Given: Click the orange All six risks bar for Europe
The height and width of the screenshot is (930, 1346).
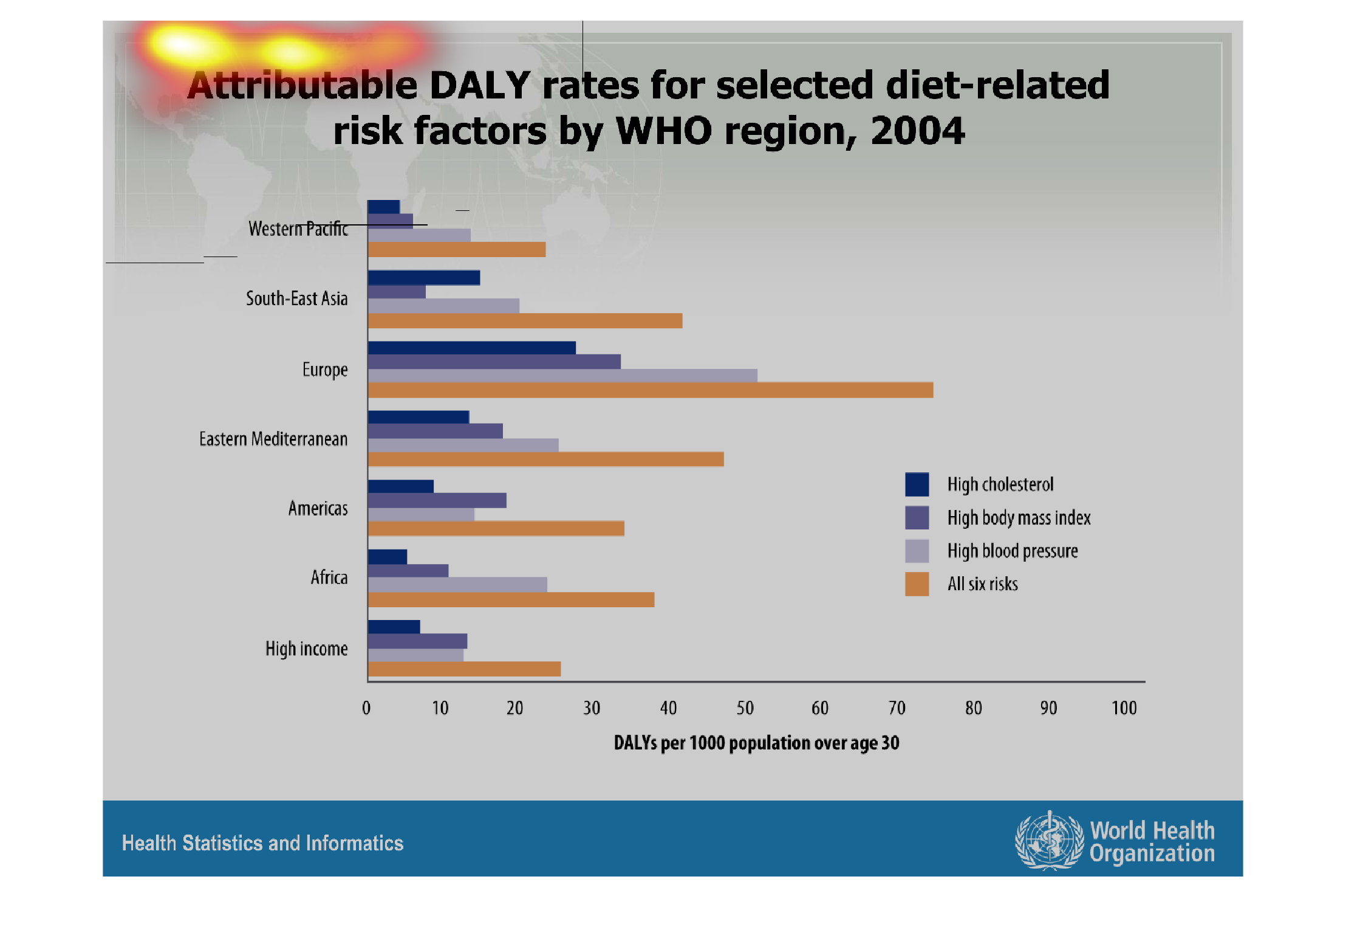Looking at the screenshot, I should [x=650, y=390].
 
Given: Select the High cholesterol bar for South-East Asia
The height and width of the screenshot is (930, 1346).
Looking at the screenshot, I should [x=424, y=278].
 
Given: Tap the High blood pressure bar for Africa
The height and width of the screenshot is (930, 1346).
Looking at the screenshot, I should [x=457, y=585].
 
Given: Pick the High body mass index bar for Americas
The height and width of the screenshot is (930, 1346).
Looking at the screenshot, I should [x=437, y=500].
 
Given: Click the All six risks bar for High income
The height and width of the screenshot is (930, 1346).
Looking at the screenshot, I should [x=464, y=669].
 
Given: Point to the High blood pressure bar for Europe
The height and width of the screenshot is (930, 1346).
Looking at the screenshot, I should [x=562, y=376].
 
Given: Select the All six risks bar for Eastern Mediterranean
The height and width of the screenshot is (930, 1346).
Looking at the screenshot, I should [x=545, y=459].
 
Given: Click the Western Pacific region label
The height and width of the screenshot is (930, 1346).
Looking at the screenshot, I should [x=298, y=229].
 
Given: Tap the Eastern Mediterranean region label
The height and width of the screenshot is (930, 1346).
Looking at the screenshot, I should [x=273, y=439].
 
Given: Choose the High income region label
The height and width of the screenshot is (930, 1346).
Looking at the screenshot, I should [x=306, y=649].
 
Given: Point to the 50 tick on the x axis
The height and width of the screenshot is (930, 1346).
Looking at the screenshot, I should [x=745, y=708].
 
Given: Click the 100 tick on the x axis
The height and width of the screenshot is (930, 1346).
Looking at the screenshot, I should [x=1124, y=708].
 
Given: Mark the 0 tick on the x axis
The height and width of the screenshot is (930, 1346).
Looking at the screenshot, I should [x=366, y=708].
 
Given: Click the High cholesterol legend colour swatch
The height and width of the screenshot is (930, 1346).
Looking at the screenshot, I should [x=917, y=484].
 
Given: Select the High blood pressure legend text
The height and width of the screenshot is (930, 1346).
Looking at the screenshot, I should [x=1013, y=551].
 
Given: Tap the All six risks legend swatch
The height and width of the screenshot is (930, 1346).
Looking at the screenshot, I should [x=917, y=584].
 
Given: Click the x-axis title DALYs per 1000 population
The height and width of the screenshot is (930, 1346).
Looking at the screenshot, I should [x=756, y=743].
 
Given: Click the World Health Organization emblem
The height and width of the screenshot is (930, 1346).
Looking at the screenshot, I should [x=1049, y=841].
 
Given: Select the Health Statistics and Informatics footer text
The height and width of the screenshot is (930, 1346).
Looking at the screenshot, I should [x=262, y=843].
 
